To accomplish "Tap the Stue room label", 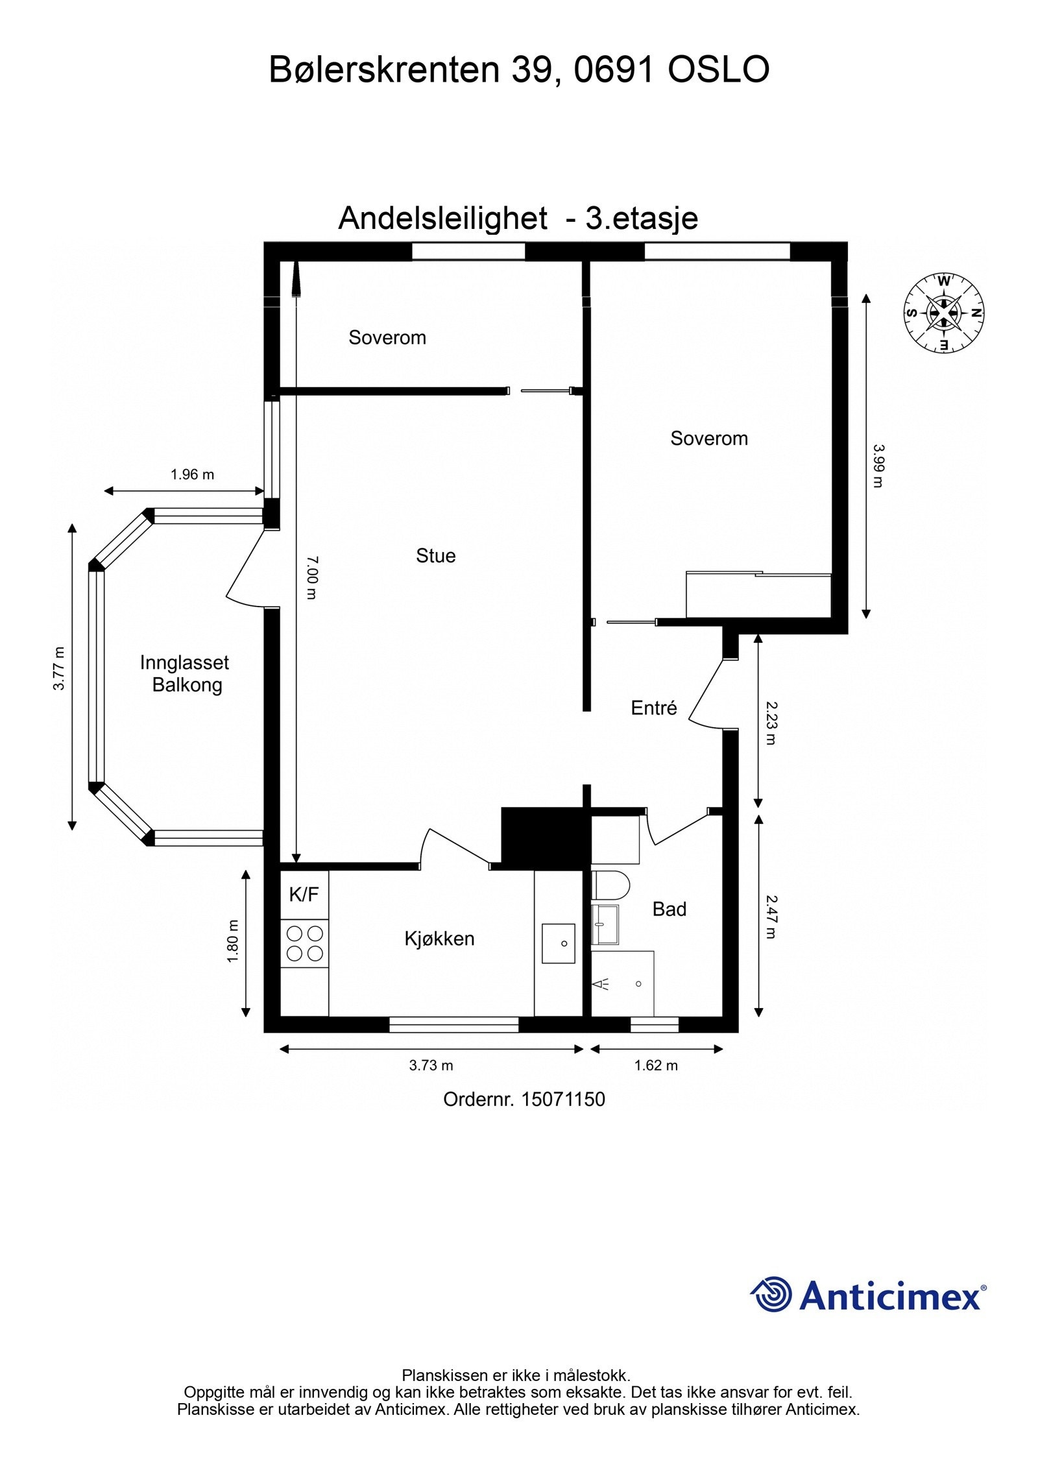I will (x=435, y=555).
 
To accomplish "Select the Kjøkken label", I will (x=439, y=939).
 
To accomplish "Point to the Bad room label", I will (x=669, y=909).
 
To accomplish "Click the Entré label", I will (x=653, y=708).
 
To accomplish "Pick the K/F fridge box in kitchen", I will (x=304, y=895).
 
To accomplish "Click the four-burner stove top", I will (x=305, y=943).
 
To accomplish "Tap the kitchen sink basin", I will (x=558, y=943).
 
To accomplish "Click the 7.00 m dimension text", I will (x=311, y=577).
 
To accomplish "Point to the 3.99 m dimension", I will (x=878, y=466).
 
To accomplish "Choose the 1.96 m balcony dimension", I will (x=192, y=474).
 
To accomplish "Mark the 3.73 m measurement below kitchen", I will (x=431, y=1065).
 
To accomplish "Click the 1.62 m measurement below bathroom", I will (x=656, y=1065).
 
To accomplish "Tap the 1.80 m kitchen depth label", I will (x=234, y=941).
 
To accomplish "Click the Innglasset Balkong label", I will (x=185, y=674).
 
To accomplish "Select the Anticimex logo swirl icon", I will (x=771, y=1295).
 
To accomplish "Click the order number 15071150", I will (x=562, y=1099).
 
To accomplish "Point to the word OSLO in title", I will (x=718, y=69).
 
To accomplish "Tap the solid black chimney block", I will (x=542, y=836).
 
